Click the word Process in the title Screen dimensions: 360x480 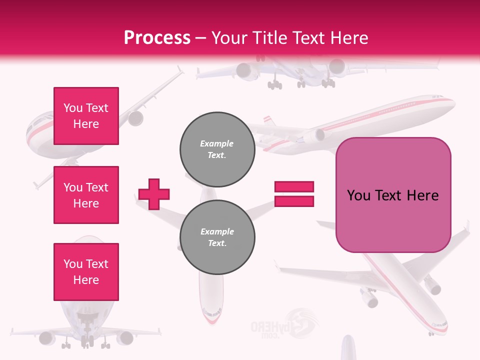pyautogui.click(x=157, y=38)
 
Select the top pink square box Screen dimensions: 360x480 pyautogui.click(x=86, y=116)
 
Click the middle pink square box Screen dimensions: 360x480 pyautogui.click(x=86, y=195)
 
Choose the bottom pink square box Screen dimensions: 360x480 pyautogui.click(x=86, y=272)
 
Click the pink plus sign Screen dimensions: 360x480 pyautogui.click(x=154, y=194)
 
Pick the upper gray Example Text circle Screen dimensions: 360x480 pyautogui.click(x=217, y=149)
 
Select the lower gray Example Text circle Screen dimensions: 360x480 pyautogui.click(x=217, y=237)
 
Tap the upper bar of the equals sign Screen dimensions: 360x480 pyautogui.click(x=294, y=187)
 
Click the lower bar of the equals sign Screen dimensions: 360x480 pyautogui.click(x=294, y=201)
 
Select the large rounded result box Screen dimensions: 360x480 pyautogui.click(x=393, y=195)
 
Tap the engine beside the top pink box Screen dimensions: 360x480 pyautogui.click(x=135, y=118)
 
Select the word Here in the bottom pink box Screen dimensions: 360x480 pyautogui.click(x=86, y=280)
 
